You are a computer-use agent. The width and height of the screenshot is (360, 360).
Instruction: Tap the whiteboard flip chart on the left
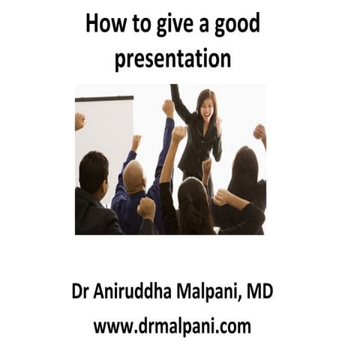(103, 139)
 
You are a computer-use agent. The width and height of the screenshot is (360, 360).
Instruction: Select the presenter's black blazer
(199, 139)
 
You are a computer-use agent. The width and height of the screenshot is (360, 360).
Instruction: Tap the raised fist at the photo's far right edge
(260, 133)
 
